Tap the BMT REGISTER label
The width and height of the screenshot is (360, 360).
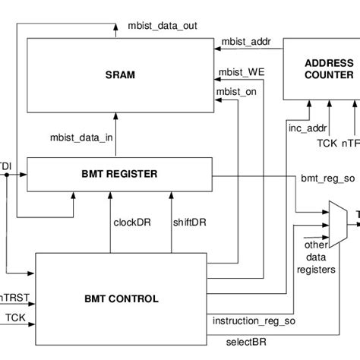[x=121, y=174]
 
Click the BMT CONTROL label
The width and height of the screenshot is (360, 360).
[x=122, y=298]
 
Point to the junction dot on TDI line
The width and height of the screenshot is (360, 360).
[x=7, y=174]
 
